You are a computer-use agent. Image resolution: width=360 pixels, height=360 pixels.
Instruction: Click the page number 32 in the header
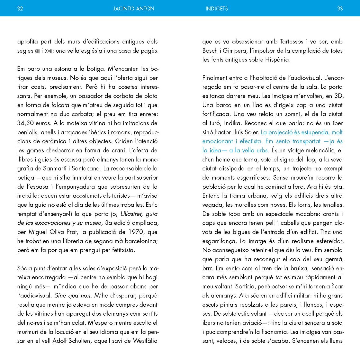(20, 9)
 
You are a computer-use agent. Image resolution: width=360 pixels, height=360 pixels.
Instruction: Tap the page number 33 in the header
(340, 9)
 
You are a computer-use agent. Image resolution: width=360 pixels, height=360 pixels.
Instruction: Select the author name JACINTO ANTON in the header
(134, 9)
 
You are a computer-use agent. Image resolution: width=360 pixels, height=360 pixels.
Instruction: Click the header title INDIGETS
(217, 9)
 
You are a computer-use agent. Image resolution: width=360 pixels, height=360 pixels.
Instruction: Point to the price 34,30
(27, 123)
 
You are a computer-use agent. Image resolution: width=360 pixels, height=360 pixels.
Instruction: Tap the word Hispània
(278, 59)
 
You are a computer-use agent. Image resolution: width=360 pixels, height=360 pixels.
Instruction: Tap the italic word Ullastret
(132, 214)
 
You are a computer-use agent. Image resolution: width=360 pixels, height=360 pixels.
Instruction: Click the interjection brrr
(208, 268)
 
